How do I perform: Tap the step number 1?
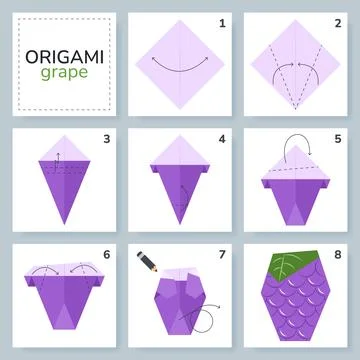click(x=222, y=21)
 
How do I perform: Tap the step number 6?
click(x=105, y=253)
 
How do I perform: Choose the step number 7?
click(x=222, y=253)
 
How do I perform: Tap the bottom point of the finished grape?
click(x=299, y=344)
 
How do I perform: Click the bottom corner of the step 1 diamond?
click(x=180, y=109)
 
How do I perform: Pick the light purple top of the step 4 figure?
click(x=180, y=150)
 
